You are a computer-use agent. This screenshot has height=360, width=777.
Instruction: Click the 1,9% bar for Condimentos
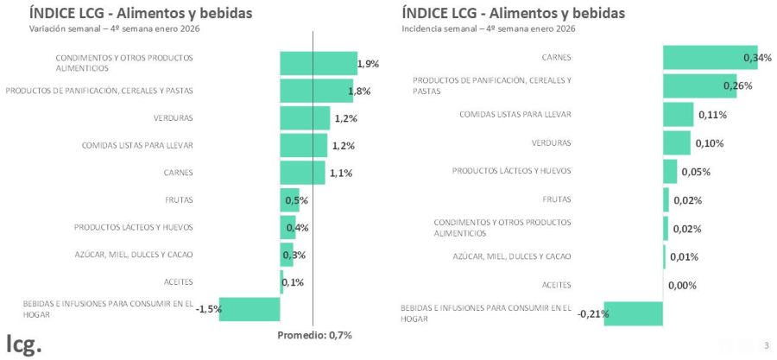pos(318,63)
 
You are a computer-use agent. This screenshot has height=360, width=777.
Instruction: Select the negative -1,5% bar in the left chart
pos(250,309)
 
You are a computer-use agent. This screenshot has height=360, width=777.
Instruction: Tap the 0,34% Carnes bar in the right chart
pos(710,58)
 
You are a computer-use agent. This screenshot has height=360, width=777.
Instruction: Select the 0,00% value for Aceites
pos(682,285)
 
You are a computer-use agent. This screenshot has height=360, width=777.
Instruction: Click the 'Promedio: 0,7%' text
pos(314,335)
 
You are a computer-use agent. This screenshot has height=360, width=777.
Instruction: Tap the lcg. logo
pos(23,343)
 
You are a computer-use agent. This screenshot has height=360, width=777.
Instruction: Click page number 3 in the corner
pos(766,346)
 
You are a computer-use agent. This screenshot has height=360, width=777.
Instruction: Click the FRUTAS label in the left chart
pos(179,200)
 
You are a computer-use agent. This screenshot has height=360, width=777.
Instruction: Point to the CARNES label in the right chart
pos(556,58)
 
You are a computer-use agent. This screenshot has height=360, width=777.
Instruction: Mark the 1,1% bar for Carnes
pos(302,173)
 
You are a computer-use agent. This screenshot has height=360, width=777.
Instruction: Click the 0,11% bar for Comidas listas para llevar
pos(678,115)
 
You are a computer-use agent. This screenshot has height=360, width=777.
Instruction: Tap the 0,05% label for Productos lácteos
pos(695,172)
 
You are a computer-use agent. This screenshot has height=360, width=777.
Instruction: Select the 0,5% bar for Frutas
pos(289,200)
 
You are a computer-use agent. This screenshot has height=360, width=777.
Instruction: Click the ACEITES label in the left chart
pos(178,282)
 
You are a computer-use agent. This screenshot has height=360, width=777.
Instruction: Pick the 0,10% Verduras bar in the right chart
pos(677,143)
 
